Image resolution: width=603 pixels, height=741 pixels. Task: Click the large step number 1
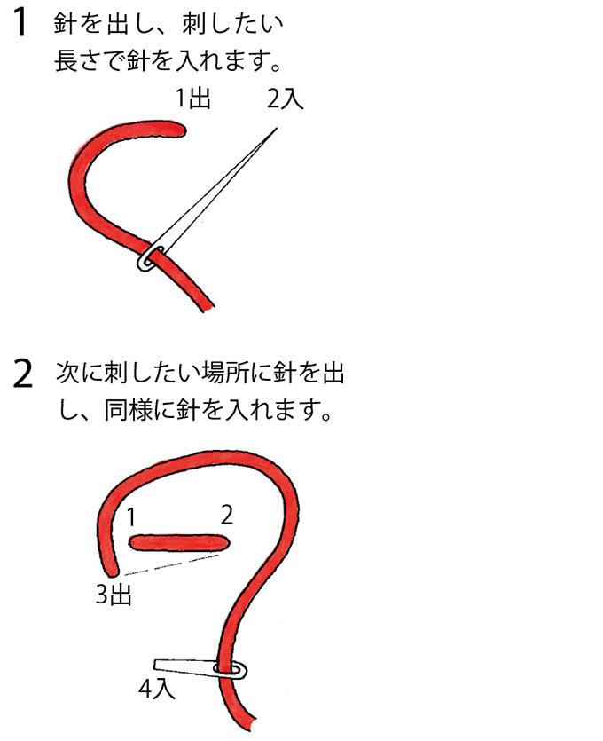20,22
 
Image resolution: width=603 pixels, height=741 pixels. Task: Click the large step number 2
22,374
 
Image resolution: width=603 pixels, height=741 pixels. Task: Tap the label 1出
192,99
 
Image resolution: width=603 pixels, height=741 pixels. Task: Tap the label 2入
285,99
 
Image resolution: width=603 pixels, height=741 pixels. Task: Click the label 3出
114,595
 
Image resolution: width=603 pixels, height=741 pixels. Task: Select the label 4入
157,689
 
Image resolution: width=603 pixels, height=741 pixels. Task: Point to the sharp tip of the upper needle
277,129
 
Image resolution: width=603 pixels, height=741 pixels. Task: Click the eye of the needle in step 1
151,258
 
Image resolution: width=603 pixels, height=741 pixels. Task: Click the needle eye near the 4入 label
231,670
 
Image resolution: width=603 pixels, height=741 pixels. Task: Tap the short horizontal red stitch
179,542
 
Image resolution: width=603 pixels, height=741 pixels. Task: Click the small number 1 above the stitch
132,516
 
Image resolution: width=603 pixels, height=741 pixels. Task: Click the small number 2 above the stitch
227,515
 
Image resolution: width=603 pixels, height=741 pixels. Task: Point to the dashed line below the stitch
171,565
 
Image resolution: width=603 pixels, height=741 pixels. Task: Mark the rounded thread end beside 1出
179,129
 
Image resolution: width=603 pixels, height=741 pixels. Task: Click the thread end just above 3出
113,571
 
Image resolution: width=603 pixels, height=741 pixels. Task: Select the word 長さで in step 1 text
90,60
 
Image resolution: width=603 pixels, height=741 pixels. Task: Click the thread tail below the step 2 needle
239,704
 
